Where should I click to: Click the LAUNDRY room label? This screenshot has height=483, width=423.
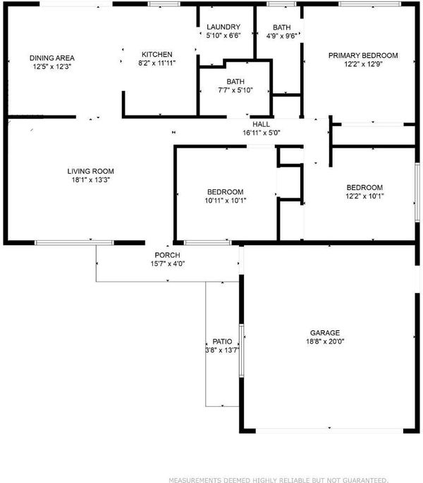(223, 27)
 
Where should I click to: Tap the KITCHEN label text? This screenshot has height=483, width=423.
(157, 54)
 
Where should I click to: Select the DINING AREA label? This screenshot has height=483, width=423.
(52, 58)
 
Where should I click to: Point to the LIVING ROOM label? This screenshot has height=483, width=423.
(91, 171)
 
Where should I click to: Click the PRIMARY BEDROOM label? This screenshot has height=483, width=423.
(363, 56)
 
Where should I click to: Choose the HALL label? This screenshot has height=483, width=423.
(262, 124)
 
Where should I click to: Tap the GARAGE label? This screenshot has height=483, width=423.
(325, 332)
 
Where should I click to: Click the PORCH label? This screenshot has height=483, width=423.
(167, 255)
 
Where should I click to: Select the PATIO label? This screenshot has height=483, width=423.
(222, 341)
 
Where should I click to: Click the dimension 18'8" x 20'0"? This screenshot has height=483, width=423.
(325, 341)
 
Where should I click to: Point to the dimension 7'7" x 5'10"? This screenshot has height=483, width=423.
(235, 90)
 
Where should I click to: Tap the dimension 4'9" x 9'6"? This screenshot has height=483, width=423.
(282, 36)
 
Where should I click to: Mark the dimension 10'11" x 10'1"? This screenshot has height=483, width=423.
(225, 201)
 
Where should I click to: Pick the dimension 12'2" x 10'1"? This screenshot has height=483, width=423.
(364, 196)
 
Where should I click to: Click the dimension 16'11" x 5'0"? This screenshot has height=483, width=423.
(262, 133)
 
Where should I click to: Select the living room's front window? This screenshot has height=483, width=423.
(74, 243)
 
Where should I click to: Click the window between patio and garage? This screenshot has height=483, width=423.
(242, 351)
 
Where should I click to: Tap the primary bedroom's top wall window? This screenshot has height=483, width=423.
(369, 4)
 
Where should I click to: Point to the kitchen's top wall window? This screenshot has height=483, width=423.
(164, 4)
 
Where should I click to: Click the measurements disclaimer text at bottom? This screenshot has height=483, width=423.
(278, 480)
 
